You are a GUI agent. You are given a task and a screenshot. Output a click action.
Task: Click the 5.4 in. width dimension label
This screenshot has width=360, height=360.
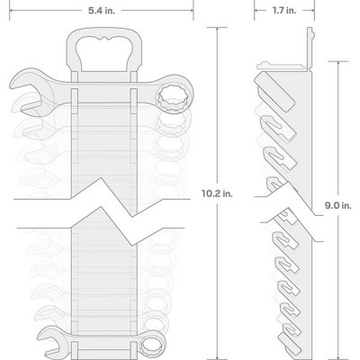pos(101,11)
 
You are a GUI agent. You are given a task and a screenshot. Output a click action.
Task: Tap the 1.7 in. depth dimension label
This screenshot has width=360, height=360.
pos(283,11)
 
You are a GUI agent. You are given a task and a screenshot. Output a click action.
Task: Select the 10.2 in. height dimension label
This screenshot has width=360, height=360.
pos(217,193)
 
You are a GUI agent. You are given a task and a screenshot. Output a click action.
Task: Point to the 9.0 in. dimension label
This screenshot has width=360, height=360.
pos(337,205)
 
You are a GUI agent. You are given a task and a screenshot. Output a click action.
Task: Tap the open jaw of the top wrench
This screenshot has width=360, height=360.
pos(29,93)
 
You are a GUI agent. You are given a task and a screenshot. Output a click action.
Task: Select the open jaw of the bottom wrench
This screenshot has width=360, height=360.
pos(51,343)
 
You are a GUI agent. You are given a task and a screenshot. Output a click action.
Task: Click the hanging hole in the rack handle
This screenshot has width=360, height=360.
pos(104,54)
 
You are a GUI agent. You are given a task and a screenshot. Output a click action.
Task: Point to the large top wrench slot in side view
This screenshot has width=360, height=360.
pos(274,92)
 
